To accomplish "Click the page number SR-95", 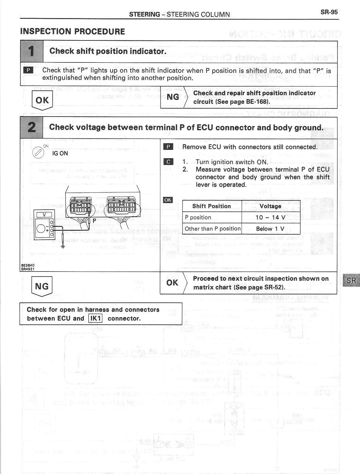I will pos(329,12).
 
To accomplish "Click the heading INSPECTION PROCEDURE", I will pos(73,32).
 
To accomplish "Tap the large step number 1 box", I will pos(32,51).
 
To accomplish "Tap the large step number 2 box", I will pos(32,128).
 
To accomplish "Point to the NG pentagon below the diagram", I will pos(42,286).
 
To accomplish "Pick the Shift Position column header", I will pos(212,206).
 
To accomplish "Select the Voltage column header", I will pos(270,206).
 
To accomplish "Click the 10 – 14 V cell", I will pos(270,217).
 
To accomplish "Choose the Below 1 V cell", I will pos(270,229).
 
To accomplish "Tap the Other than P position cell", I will pos(212,229).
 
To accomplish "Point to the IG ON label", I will pos(60,153).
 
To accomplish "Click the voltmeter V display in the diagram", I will pos(44,215).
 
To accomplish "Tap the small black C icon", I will pos(168,162).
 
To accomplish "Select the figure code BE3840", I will pos(28,265).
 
